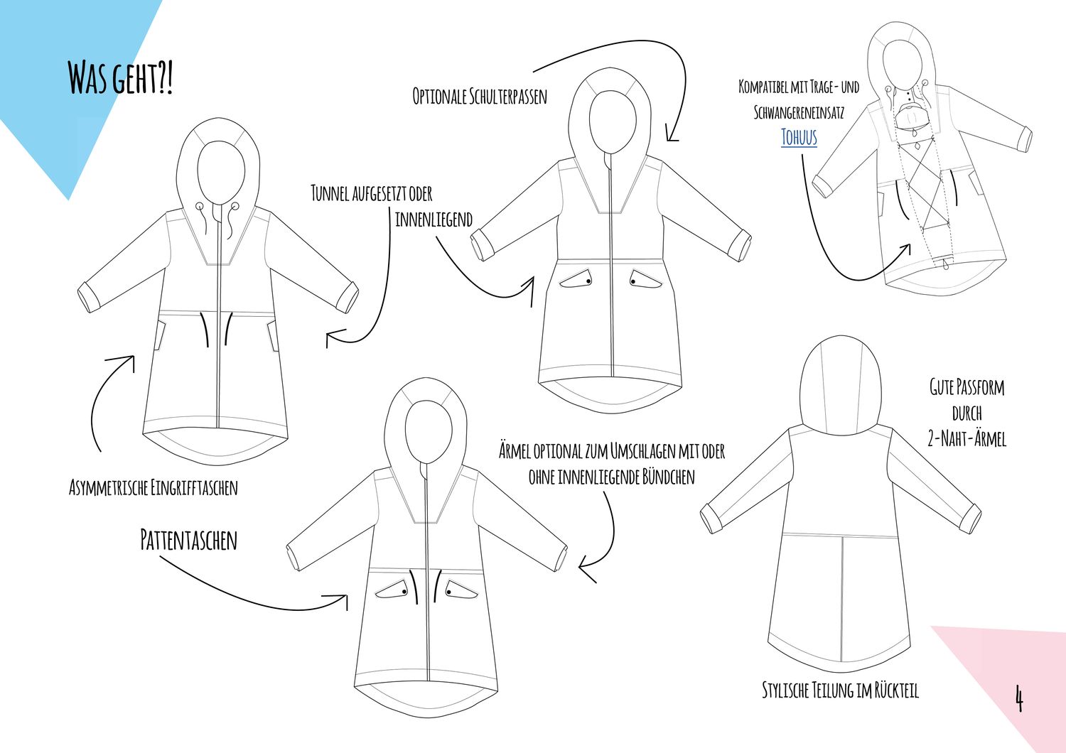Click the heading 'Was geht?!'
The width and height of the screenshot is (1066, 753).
[x=120, y=77]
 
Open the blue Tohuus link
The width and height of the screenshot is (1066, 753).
[x=799, y=138]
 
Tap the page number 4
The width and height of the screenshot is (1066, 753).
[x=1019, y=698]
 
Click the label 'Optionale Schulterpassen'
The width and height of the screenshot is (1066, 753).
[x=480, y=96]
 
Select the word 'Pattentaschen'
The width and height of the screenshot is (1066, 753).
[x=189, y=540]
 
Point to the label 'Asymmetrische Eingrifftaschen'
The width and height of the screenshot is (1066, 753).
[x=154, y=487]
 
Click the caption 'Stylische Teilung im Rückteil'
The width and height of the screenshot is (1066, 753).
[x=841, y=690]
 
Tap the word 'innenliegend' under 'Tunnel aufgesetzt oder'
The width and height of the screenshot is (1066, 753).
[x=434, y=220]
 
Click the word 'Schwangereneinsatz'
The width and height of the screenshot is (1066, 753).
[x=799, y=112]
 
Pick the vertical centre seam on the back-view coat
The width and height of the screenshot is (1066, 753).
[x=842, y=600]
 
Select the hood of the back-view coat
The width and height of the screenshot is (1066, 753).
[x=841, y=385]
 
